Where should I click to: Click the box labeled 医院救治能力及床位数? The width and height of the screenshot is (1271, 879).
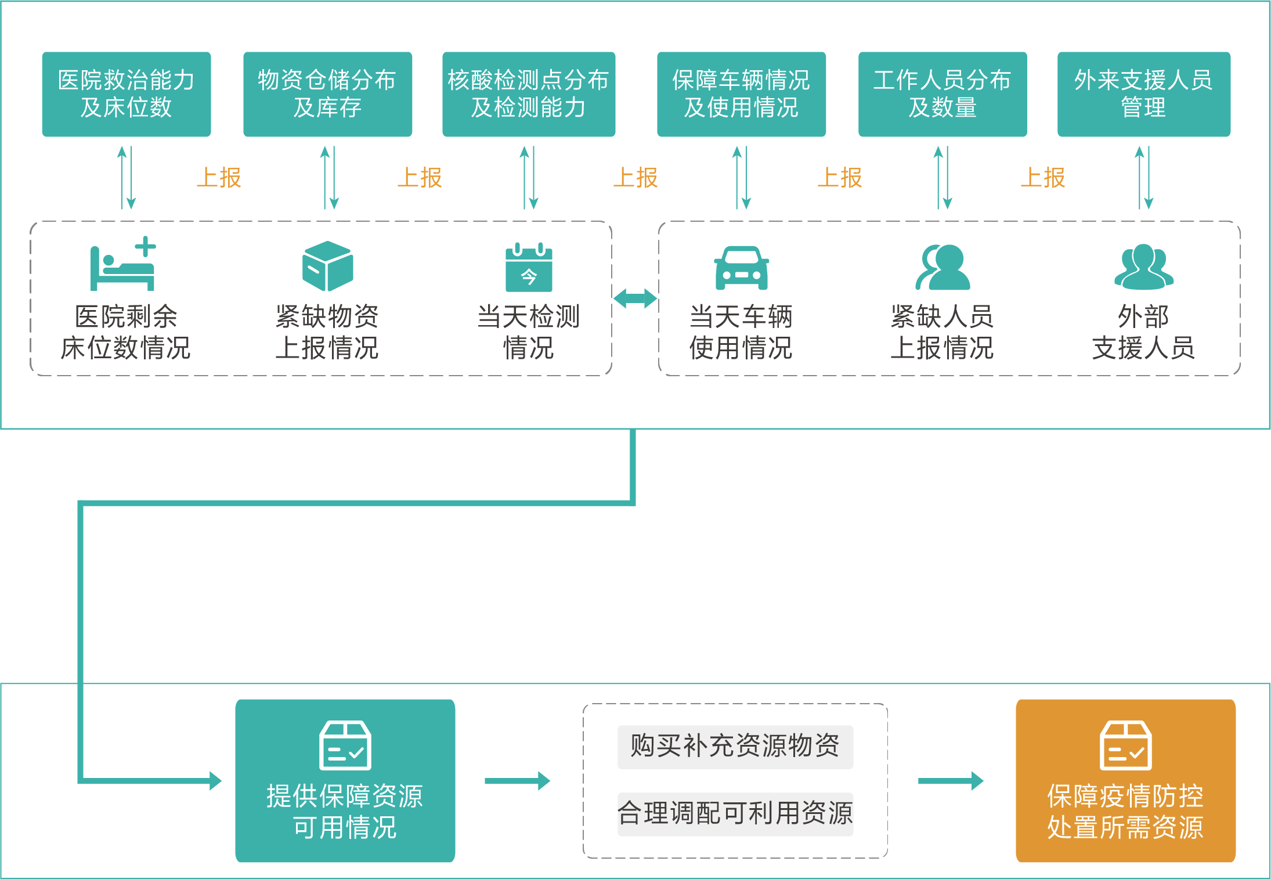pos(126,94)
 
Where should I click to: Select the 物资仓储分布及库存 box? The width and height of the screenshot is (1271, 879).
pos(327,94)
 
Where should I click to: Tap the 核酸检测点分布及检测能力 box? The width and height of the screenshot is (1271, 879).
pos(528,94)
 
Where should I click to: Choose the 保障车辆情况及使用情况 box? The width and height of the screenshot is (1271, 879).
pos(741,94)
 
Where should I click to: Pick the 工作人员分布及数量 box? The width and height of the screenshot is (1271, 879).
pos(942,94)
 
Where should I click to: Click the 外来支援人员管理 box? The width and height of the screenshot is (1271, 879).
pos(1143,94)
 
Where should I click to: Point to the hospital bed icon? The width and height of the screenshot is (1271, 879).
pos(123,264)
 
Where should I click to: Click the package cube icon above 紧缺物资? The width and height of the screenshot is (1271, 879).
pos(327,266)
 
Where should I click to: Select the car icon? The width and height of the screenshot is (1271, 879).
pos(741,268)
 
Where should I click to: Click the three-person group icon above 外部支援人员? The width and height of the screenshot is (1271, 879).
pos(1143,266)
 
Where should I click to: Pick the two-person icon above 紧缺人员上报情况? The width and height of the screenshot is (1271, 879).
pos(942,267)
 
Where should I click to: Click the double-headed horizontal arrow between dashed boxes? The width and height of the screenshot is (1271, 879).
pos(635,298)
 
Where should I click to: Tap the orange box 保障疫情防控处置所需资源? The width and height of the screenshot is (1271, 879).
pos(1125,780)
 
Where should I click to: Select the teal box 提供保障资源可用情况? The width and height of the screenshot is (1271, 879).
pos(345,780)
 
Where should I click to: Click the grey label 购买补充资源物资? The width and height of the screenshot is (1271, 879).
pos(735,747)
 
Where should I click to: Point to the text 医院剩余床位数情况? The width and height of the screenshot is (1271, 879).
pos(126,332)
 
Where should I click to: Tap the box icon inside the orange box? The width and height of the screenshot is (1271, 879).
pos(1125,745)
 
